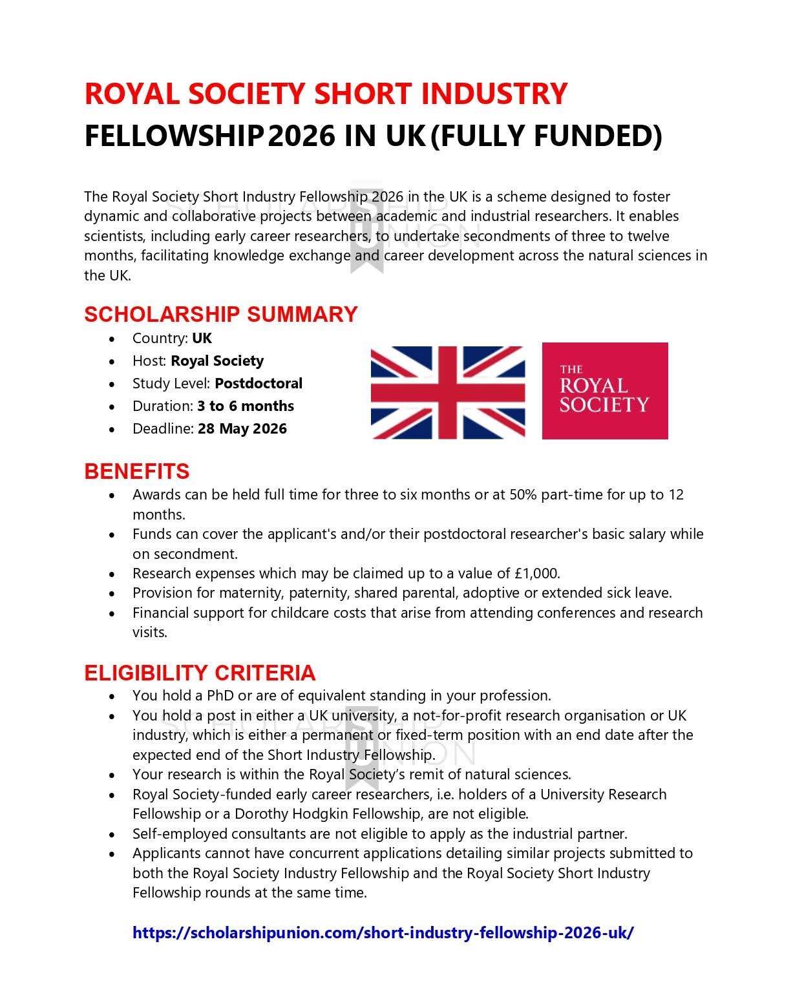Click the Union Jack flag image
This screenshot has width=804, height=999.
[x=448, y=392]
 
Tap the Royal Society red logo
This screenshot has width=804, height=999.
[x=604, y=391]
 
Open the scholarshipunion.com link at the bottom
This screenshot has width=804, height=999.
[x=383, y=932]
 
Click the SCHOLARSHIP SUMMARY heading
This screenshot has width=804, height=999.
[x=220, y=314]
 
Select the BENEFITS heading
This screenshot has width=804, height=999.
[x=136, y=471]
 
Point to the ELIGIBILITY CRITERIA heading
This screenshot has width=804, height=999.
[x=200, y=673]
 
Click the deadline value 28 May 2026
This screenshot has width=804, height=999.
[x=242, y=428]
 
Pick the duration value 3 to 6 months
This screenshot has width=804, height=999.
[x=246, y=406]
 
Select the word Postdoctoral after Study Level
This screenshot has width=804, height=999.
[x=259, y=383]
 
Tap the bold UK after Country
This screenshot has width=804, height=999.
[x=202, y=338]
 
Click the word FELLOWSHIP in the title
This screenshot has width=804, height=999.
[x=174, y=136]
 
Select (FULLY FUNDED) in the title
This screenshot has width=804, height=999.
[x=546, y=136]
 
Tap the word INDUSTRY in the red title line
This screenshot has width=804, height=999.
[x=494, y=94]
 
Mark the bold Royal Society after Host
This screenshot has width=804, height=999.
[x=217, y=361]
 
